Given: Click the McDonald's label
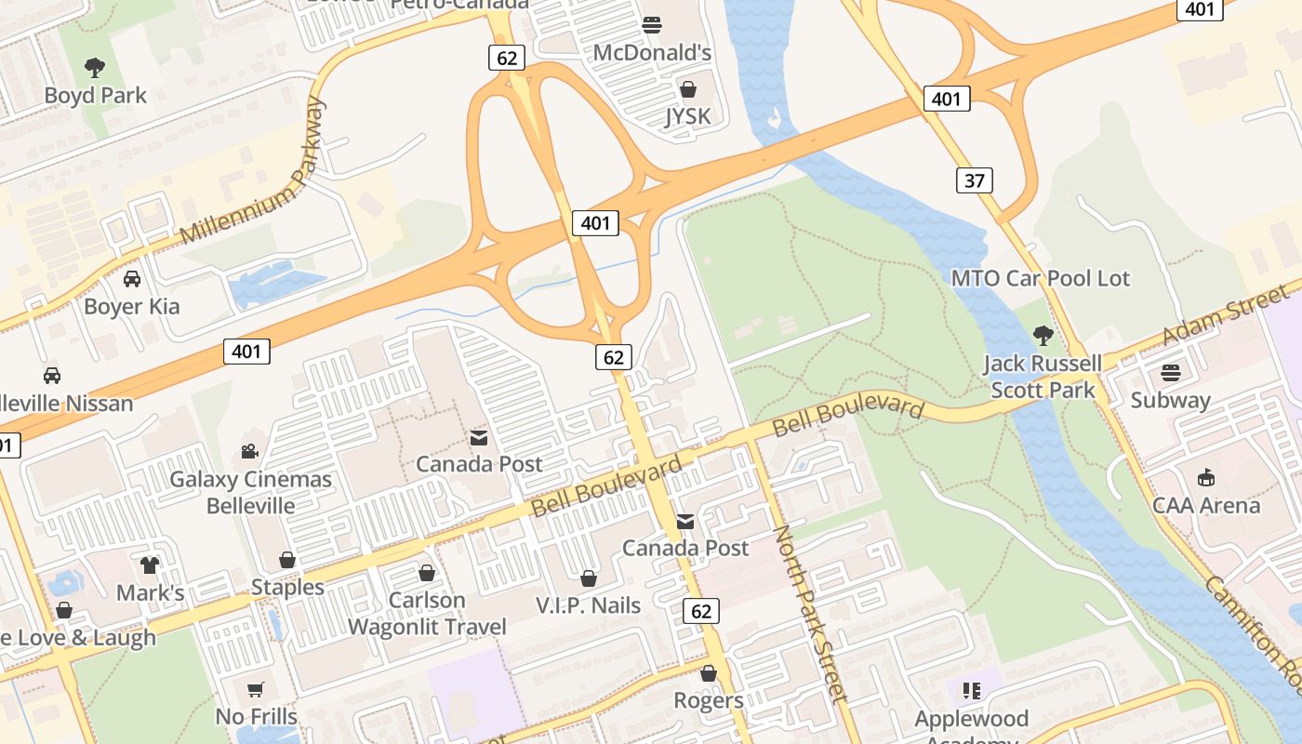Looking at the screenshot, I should click(652, 52).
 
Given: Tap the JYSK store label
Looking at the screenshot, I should click(688, 116).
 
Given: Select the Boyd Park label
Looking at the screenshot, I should click(96, 95).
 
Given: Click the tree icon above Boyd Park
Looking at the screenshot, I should click(94, 67).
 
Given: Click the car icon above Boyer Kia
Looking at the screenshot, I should click(132, 278).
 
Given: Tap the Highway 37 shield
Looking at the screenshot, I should click(974, 180).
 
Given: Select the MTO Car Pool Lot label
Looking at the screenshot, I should click(1041, 278).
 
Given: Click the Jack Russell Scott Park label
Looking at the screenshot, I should click(1044, 376).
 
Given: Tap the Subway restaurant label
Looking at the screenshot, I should click(1171, 401).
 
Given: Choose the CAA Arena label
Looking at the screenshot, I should click(1206, 506).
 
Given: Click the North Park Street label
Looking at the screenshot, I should click(810, 614).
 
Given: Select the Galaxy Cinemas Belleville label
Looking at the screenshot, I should click(250, 493).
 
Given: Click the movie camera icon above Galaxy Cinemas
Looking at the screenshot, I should click(249, 451).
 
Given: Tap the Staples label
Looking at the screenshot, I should click(287, 588).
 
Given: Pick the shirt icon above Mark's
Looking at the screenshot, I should click(150, 565).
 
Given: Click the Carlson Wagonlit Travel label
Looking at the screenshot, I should click(427, 613).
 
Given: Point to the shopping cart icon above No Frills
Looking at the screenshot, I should click(256, 689).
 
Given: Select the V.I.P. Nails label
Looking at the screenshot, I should click(589, 605).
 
